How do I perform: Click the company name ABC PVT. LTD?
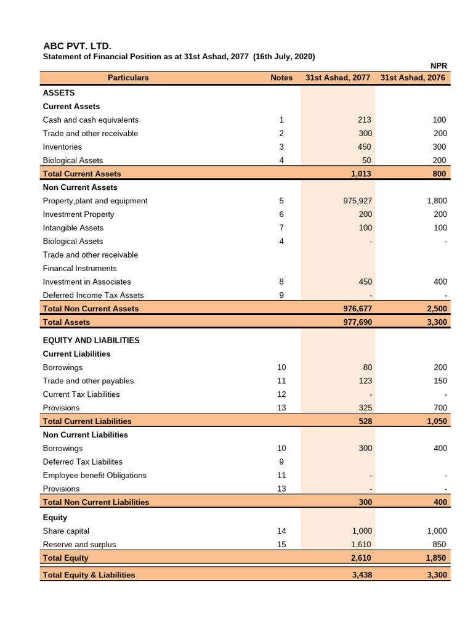coord(77,46)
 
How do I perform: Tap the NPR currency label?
coord(438,66)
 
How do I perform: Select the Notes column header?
coord(281,78)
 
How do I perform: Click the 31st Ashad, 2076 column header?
coord(413,78)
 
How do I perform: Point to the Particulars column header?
coord(128,78)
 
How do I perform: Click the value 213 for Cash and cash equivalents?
coord(365,120)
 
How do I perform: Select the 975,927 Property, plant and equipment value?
coord(357,201)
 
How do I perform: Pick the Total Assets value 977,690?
coord(357,322)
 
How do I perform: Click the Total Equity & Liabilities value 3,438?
coord(362,575)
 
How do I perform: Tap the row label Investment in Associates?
coord(87,282)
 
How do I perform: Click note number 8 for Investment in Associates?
coord(281,282)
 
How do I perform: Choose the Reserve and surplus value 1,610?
coord(362,545)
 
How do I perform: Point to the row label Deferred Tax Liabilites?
coord(83,462)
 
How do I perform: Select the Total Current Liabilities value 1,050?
coord(435,421)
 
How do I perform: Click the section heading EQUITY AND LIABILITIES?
coord(91,340)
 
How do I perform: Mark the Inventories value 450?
coord(365,147)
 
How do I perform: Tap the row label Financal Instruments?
coord(79,269)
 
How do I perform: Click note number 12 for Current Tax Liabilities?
coord(281,394)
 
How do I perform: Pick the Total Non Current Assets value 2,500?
coord(435,309)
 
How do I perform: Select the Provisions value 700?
coord(440,408)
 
